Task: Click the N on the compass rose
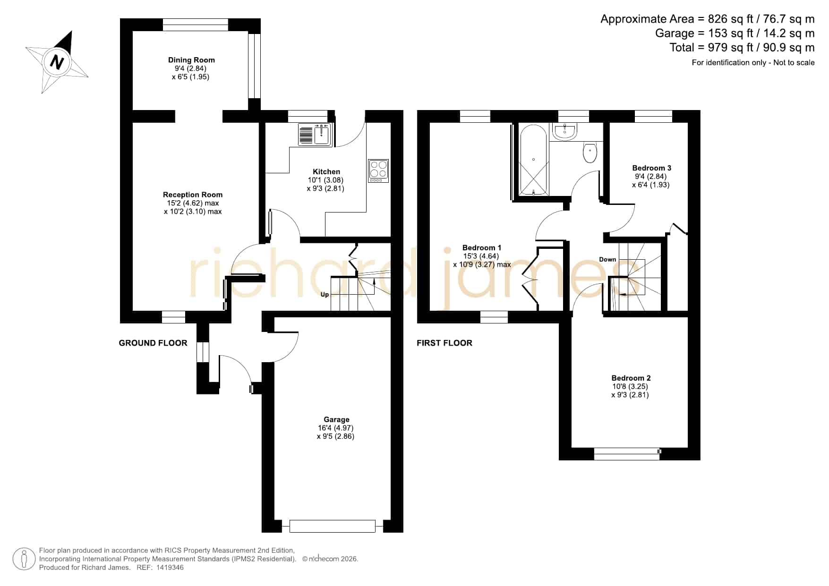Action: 57,62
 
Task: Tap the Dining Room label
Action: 191,60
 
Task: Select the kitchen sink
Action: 316,134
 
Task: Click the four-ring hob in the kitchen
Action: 378,171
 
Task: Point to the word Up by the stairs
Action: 325,295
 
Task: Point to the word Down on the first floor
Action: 607,259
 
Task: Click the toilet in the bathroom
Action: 590,152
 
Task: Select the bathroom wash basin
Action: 564,132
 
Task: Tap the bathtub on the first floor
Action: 533,160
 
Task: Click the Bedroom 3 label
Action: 651,168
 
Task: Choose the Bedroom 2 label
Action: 631,378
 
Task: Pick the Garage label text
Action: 336,419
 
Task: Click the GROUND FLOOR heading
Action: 153,343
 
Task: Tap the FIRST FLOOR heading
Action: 444,343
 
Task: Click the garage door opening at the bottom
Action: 333,526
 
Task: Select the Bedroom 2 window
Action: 627,453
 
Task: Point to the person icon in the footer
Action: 24,559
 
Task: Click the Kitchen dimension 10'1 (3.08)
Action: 325,180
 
